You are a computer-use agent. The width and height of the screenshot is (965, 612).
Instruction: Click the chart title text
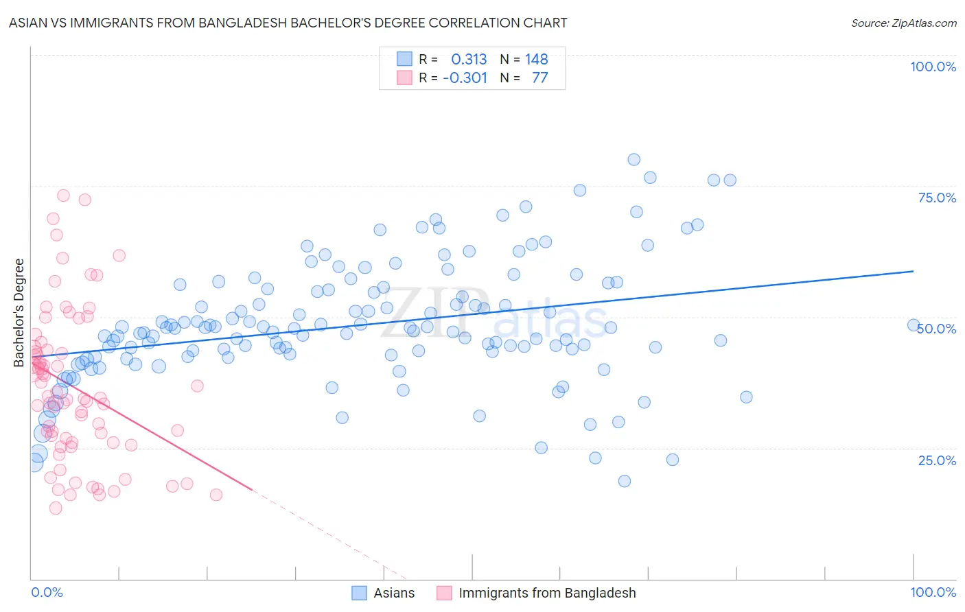[288, 23]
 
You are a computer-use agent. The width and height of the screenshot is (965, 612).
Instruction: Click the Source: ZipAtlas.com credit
[903, 23]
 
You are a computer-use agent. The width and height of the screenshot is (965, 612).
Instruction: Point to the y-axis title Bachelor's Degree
[19, 313]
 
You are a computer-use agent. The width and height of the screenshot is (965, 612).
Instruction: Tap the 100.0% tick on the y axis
[933, 67]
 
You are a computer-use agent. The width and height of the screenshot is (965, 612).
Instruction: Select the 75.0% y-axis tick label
[937, 198]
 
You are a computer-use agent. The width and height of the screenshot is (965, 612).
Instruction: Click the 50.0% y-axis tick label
[937, 329]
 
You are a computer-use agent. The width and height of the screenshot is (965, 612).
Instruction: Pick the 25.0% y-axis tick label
[937, 460]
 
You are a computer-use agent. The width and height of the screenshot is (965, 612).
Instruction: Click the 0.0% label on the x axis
[47, 592]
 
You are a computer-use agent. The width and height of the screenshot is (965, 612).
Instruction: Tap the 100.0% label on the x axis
[933, 592]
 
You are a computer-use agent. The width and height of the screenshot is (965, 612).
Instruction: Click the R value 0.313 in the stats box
[469, 60]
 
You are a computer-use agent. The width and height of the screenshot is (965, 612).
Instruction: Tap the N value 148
[537, 60]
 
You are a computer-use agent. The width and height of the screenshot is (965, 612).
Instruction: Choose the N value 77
[540, 78]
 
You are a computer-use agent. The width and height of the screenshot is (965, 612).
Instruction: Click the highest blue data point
[633, 160]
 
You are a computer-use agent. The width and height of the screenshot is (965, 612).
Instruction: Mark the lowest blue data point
[624, 481]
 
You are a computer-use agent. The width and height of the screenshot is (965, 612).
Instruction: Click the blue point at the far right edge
[914, 325]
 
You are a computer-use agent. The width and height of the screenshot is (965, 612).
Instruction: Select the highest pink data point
[63, 196]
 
